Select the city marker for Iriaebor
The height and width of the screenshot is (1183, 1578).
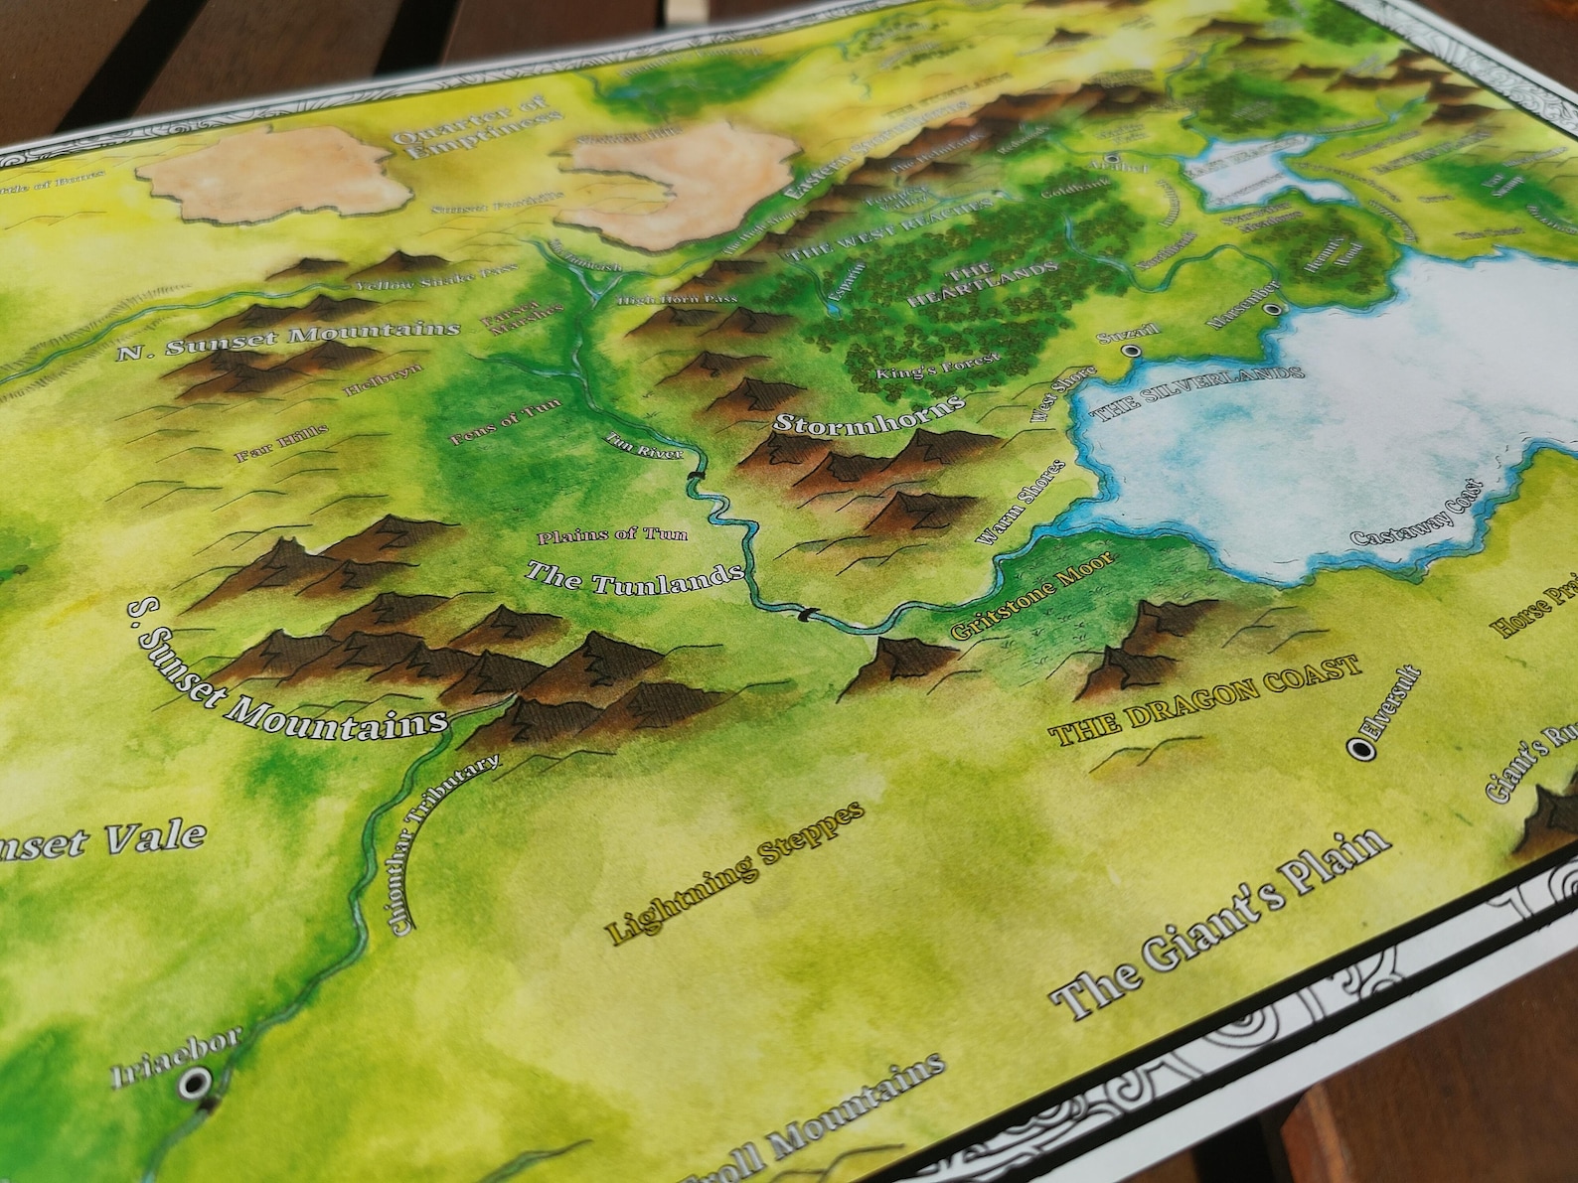[x=196, y=1080]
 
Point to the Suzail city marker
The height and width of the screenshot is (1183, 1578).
[x=1129, y=351]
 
